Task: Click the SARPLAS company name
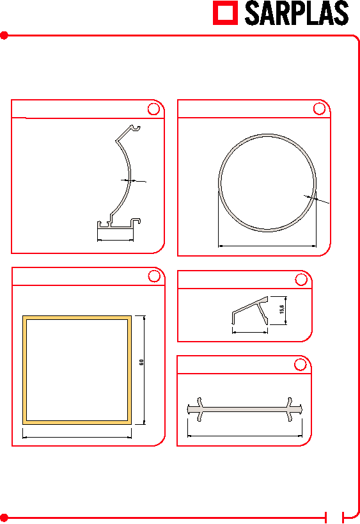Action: tap(297, 13)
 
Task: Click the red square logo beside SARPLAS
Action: tap(226, 13)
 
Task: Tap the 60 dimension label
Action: tap(141, 362)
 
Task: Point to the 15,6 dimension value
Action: tap(282, 309)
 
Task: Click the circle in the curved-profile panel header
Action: tap(153, 109)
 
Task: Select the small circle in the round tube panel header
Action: tap(319, 109)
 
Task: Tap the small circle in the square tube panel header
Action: tap(154, 276)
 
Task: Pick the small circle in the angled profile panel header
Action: tap(301, 280)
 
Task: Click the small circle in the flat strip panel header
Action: tap(301, 365)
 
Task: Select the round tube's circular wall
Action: tap(219, 182)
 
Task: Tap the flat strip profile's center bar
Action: tap(245, 409)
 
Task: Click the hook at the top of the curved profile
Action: tap(136, 128)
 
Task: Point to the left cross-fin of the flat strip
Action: tap(200, 409)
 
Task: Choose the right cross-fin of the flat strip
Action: tap(290, 409)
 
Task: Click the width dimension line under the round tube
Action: tap(267, 246)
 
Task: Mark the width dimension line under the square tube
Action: tap(77, 437)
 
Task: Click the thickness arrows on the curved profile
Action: tap(133, 181)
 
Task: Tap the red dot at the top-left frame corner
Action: tap(4, 35)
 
